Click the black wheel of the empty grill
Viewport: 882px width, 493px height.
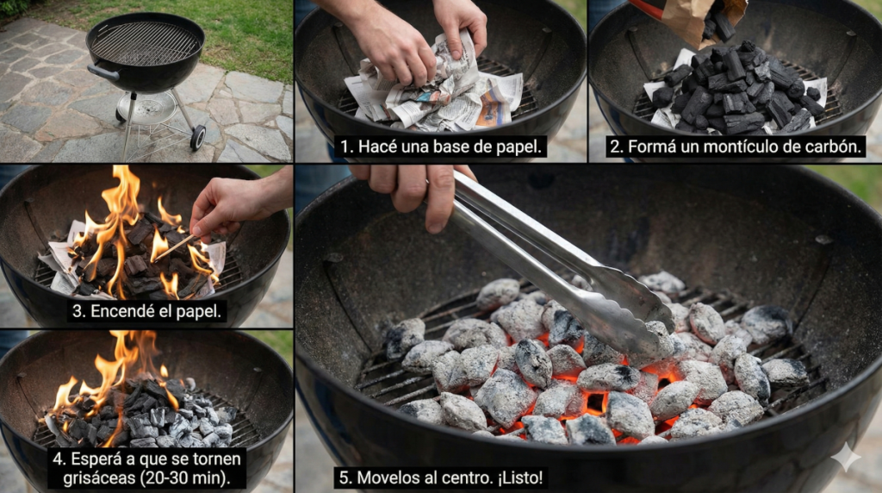(x=197, y=138)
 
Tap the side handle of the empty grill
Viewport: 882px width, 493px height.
(x=103, y=72)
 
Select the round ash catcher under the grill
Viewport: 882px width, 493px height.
(x=146, y=108)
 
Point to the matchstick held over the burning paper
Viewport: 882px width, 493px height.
(x=175, y=246)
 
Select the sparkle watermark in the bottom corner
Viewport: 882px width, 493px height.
(x=846, y=457)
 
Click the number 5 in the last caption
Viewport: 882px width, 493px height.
(x=345, y=478)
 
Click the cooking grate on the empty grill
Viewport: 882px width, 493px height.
(x=145, y=43)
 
